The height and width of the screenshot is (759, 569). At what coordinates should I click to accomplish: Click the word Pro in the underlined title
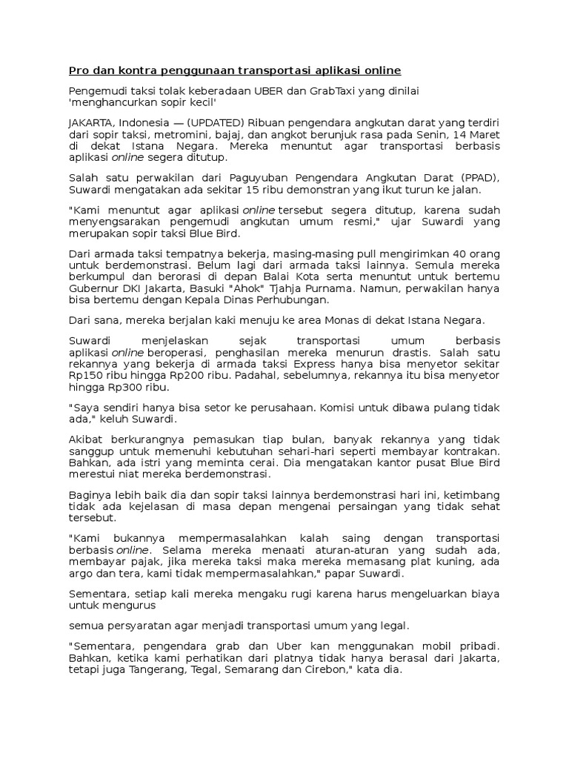click(x=78, y=70)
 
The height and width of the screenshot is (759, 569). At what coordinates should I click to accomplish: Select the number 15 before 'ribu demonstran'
click(x=242, y=190)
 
